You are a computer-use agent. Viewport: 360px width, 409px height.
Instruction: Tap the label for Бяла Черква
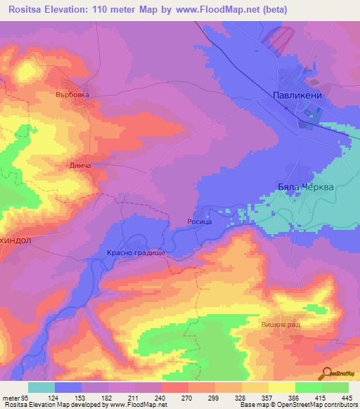coord(297,188)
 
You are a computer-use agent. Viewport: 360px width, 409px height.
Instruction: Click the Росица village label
coord(199,221)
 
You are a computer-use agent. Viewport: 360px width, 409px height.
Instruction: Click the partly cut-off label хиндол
coord(15,239)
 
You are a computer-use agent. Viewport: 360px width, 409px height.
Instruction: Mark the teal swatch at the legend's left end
coord(41,387)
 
